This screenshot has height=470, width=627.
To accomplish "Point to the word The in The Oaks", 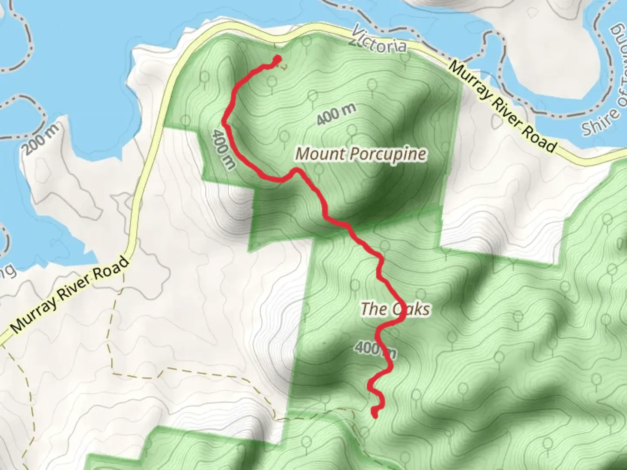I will (374, 309).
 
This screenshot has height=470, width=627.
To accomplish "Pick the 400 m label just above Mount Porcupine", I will (336, 114).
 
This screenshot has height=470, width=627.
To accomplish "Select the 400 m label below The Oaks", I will (374, 348).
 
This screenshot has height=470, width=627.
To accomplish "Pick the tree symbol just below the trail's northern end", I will (273, 82).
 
